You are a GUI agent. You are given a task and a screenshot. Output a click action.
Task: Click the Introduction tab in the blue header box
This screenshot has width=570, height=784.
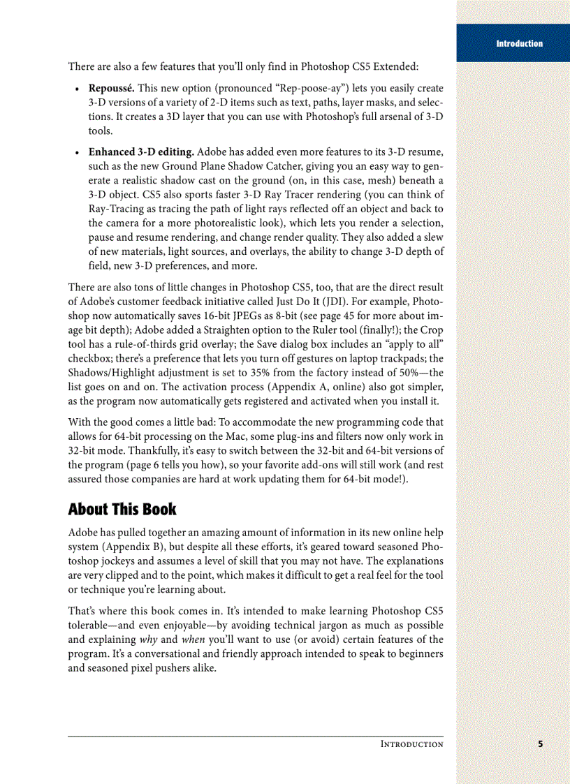tap(519, 43)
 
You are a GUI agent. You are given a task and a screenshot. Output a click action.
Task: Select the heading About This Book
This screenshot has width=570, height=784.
tap(122, 509)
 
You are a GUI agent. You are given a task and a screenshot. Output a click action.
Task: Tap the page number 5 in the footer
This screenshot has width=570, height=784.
tap(540, 744)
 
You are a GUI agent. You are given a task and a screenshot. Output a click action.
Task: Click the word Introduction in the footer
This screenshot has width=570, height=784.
tap(411, 744)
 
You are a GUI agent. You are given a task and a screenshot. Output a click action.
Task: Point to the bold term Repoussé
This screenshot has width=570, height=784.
tap(111, 89)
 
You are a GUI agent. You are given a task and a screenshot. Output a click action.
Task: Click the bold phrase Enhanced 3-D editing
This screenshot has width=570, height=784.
tap(141, 151)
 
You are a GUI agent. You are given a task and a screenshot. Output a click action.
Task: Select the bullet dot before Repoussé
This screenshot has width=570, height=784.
tap(75, 89)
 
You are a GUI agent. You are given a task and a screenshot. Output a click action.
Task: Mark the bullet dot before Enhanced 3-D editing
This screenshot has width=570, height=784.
tap(75, 152)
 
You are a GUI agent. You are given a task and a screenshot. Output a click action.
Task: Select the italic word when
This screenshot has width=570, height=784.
tap(193, 639)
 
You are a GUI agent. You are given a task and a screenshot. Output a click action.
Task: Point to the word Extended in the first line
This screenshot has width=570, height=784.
tap(396, 67)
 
